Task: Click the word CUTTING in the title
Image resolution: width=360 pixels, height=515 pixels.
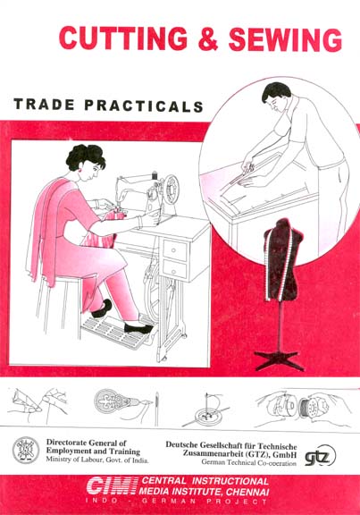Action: coord(123,38)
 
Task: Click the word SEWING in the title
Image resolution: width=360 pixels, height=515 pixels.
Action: coord(286,39)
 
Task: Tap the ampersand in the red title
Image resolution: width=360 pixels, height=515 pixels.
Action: coord(208,38)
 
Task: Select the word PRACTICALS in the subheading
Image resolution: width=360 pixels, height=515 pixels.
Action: coord(144,106)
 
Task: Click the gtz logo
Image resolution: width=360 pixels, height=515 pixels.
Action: coord(320,456)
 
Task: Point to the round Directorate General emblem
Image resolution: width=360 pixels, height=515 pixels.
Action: coord(26,450)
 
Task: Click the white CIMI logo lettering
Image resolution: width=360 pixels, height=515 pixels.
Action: coord(112,486)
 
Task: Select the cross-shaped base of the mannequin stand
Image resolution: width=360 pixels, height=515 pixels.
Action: coord(279,359)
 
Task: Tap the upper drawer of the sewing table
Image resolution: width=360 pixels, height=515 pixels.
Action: coord(175,250)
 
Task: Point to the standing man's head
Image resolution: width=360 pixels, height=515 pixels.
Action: coord(276,97)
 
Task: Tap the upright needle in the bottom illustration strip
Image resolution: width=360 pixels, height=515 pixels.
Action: coord(157,409)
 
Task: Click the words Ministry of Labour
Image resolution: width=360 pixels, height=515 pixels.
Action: coord(70,460)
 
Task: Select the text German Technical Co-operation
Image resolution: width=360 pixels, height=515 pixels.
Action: coord(248,463)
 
